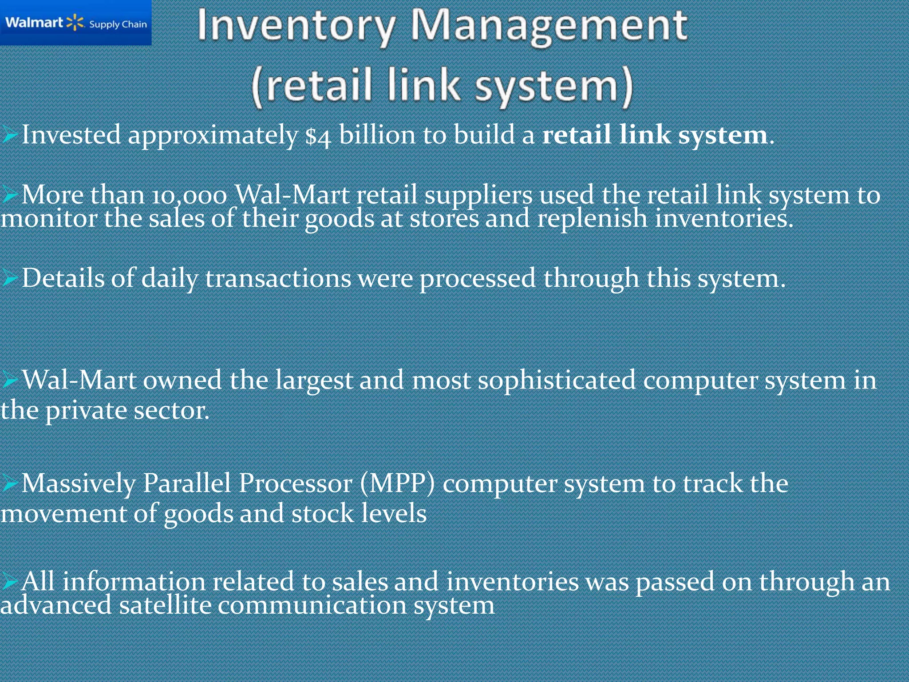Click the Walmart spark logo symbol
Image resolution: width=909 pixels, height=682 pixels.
click(x=75, y=23)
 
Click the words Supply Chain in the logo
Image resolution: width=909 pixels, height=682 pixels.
click(x=118, y=24)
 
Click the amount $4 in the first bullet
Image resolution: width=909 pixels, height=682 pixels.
click(x=318, y=136)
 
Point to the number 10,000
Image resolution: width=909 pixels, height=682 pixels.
click(x=189, y=196)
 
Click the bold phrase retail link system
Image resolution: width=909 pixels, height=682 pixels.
click(x=655, y=135)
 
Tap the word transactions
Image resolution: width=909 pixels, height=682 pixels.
click(x=278, y=279)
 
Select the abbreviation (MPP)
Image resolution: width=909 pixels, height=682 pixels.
click(x=397, y=483)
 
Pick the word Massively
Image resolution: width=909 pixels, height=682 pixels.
click(x=78, y=484)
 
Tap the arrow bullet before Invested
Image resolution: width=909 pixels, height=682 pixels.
click(x=9, y=135)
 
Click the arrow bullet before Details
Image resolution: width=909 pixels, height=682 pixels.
click(x=9, y=279)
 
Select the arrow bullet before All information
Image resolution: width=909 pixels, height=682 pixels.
click(x=9, y=581)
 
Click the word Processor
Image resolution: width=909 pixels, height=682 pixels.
click(x=295, y=483)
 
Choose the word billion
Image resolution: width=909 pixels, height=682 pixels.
click(x=377, y=135)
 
